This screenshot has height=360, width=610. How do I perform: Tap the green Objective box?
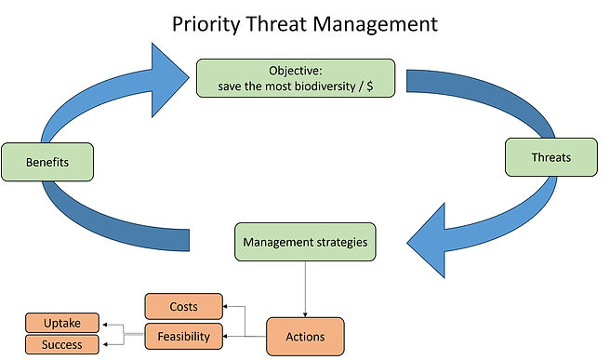pos(295,78)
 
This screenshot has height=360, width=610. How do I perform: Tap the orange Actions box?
pos(307,336)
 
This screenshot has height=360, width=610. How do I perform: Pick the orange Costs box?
pos(183,306)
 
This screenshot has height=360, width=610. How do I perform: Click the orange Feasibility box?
pos(183,336)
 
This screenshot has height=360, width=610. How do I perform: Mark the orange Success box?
pos(61,345)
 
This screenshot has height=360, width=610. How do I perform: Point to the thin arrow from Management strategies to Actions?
pos(306,288)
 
